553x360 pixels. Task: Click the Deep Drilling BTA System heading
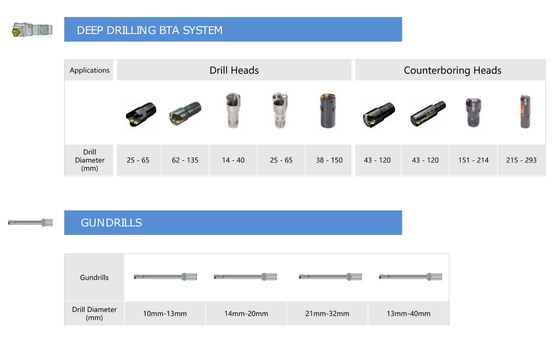click(x=149, y=30)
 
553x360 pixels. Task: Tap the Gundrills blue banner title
click(x=111, y=222)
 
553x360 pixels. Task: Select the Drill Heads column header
click(x=234, y=70)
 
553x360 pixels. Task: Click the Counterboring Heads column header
click(x=452, y=70)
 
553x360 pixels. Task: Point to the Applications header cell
click(x=89, y=70)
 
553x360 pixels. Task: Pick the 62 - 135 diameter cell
click(x=185, y=160)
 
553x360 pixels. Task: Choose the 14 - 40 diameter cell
click(x=233, y=160)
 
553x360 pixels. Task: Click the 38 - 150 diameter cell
click(x=329, y=160)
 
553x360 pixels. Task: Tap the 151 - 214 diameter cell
click(x=473, y=160)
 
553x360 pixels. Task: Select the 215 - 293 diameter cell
click(x=521, y=160)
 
